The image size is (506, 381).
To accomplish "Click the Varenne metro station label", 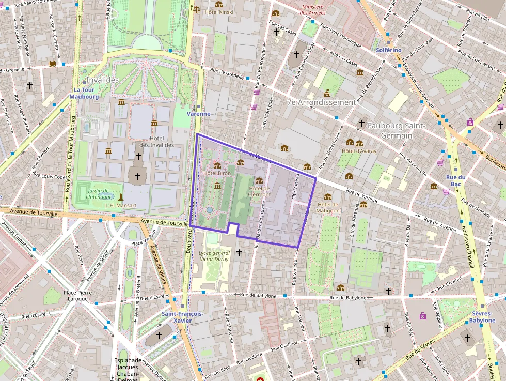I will point(198,113).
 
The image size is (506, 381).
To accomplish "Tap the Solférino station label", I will point(389,50).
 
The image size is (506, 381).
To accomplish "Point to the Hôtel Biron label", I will point(217,173).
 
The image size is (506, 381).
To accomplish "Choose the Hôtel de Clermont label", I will point(259,191).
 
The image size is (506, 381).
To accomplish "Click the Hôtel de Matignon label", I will point(328,207).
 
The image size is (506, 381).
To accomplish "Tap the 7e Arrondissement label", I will point(321,102).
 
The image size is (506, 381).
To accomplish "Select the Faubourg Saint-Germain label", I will point(396,130).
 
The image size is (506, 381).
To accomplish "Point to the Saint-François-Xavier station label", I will point(182,317).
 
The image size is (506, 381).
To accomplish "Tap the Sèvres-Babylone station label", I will point(483,317).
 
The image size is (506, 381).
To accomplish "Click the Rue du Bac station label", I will point(456,180).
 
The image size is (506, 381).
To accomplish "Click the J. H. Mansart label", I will point(120,205).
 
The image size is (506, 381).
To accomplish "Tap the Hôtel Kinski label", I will point(219,11).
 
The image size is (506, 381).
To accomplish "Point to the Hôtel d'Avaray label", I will point(359,151).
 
